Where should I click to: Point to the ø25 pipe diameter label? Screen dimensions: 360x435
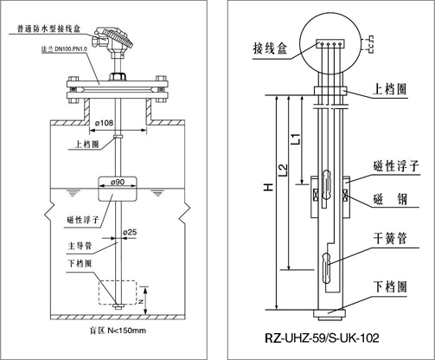pyautogui.click(x=129, y=232)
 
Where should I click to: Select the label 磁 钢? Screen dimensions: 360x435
pyautogui.click(x=393, y=196)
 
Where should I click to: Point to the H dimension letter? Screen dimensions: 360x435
pyautogui.click(x=269, y=187)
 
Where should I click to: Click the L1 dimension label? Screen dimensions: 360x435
pyautogui.click(x=296, y=137)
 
